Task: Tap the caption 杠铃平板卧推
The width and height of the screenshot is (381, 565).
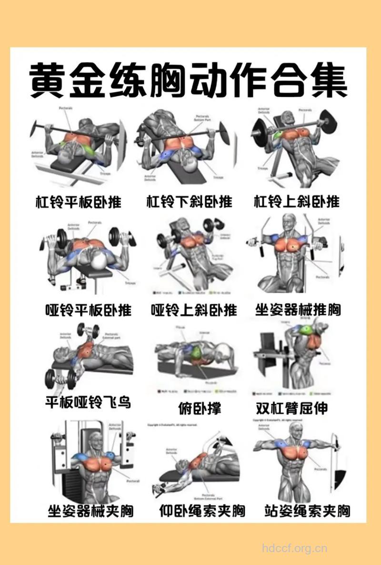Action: tap(79, 202)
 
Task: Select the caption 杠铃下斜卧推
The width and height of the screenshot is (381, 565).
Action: tap(189, 202)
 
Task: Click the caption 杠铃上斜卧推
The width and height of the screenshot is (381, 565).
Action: tap(297, 202)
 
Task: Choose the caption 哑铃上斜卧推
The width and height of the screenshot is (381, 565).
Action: tap(193, 310)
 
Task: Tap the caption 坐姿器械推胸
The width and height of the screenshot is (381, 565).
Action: tap(298, 310)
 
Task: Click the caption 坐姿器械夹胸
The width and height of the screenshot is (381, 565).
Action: tap(90, 512)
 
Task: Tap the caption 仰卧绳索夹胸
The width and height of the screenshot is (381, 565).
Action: tap(202, 512)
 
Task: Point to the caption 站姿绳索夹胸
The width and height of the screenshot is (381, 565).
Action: tap(307, 512)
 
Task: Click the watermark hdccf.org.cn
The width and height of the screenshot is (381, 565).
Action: tap(295, 548)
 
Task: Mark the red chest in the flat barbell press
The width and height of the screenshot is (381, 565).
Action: tap(76, 138)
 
